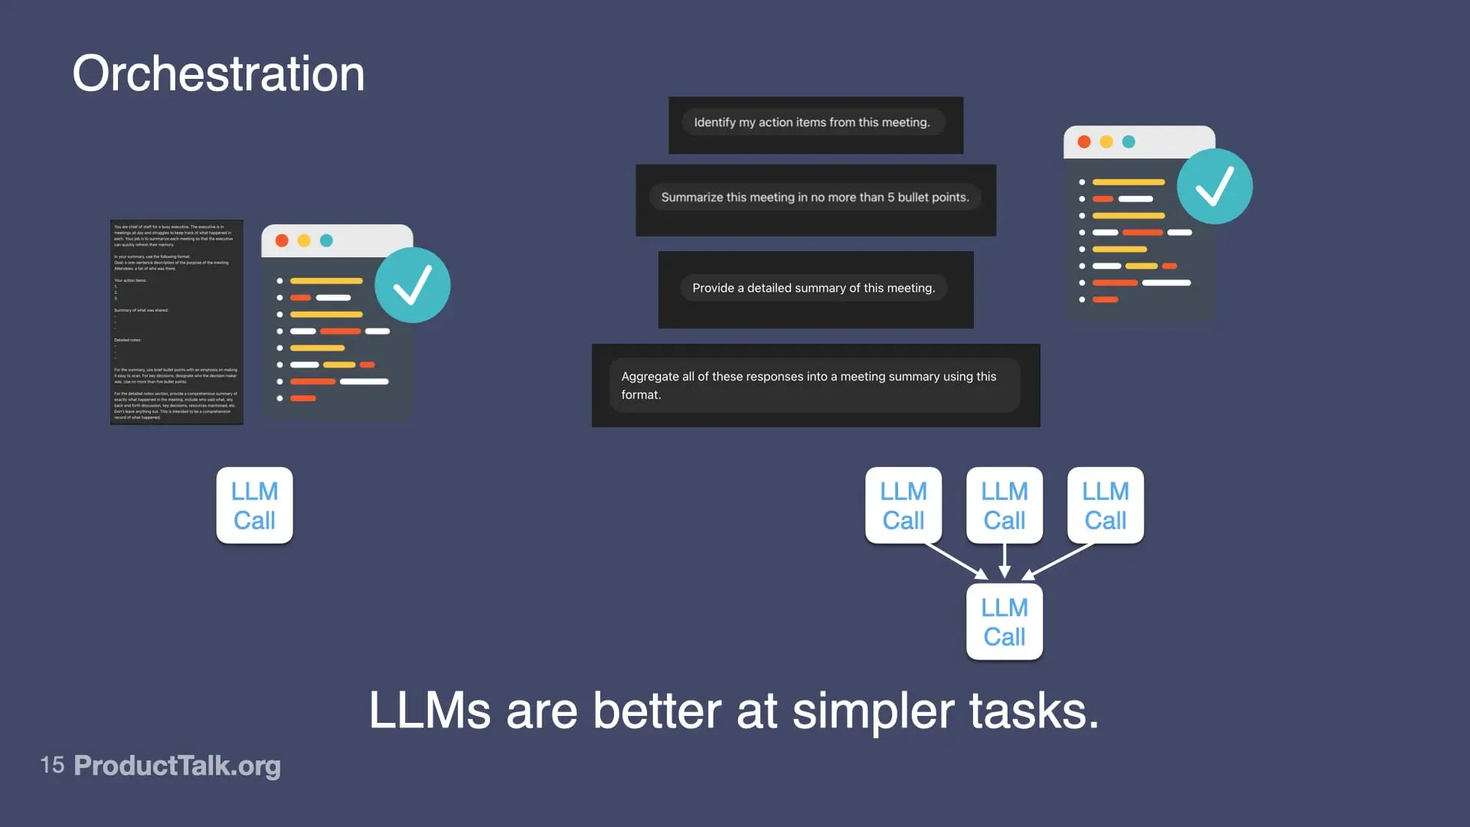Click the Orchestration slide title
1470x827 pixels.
(x=218, y=74)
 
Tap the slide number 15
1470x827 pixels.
(x=52, y=765)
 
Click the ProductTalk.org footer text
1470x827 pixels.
(x=177, y=766)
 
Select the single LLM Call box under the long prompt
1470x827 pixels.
(x=254, y=505)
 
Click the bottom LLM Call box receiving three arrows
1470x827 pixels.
(x=1004, y=622)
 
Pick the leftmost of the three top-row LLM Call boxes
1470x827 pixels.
(x=903, y=505)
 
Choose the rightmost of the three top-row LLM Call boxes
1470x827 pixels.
(x=1105, y=505)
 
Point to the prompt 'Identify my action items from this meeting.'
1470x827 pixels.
(x=812, y=123)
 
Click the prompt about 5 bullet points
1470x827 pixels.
(x=815, y=198)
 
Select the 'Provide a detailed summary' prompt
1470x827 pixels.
(x=813, y=288)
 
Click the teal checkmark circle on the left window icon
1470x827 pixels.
(x=412, y=285)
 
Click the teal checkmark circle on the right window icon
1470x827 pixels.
(x=1214, y=186)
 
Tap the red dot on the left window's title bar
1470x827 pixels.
(x=282, y=240)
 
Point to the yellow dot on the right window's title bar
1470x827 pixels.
(x=1106, y=142)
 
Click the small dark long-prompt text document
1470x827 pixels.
(x=177, y=322)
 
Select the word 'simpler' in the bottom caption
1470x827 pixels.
(x=873, y=711)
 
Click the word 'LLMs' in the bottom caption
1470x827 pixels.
(x=430, y=711)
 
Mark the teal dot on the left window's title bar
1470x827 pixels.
(x=326, y=240)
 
